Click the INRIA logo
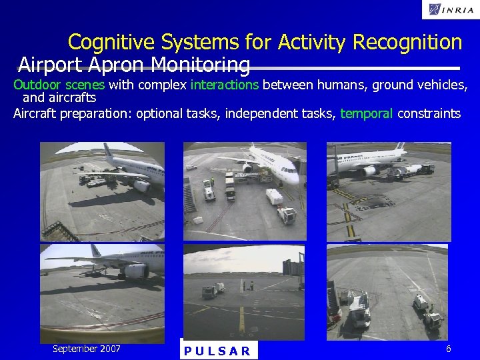(x=449, y=9)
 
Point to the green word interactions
(x=224, y=85)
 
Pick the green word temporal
(x=367, y=113)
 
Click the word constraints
(x=429, y=113)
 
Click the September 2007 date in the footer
(x=87, y=349)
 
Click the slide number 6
(x=449, y=349)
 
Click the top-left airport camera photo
(x=102, y=191)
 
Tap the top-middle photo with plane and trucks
(x=245, y=191)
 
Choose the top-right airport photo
(x=389, y=191)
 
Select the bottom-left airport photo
(x=102, y=293)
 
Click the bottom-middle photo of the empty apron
(x=245, y=293)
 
